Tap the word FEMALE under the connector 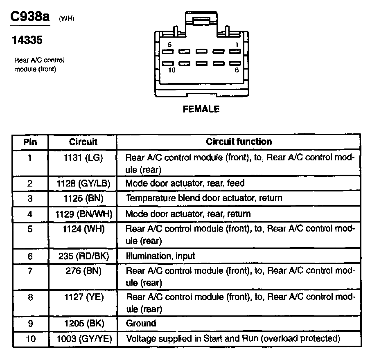201,109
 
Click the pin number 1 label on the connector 236,44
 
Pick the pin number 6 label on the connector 236,70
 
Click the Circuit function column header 239,142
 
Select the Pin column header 30,142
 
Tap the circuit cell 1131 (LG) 83,157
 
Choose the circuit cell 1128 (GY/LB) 83,183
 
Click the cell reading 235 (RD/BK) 83,256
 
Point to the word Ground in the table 141,323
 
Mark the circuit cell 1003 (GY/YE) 83,339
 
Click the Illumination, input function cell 160,256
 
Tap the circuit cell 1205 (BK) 83,323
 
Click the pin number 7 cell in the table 30,271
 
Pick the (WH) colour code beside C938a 67,18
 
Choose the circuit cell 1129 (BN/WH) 83,214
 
